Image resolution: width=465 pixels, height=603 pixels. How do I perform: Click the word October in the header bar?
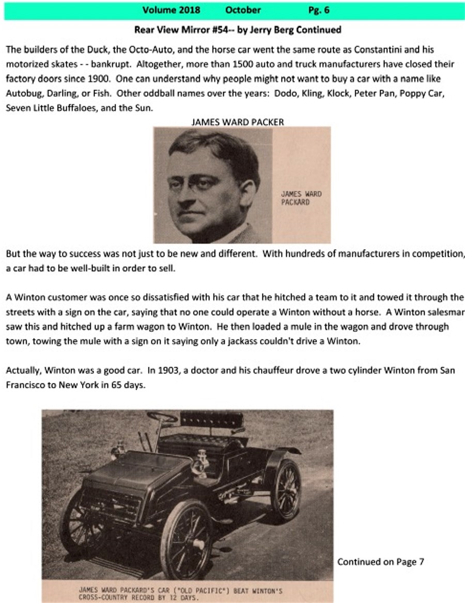point(243,10)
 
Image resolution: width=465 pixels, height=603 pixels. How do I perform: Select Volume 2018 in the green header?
point(171,10)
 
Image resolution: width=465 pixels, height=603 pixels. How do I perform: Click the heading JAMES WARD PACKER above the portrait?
point(237,122)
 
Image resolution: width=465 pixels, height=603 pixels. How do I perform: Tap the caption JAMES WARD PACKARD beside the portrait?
point(301,199)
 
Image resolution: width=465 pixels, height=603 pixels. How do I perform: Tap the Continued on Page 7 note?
point(380,562)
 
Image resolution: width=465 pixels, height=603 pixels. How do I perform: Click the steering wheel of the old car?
point(162,416)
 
